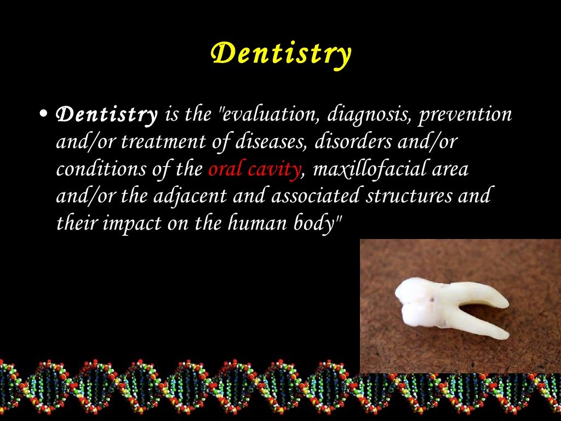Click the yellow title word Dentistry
[280, 54]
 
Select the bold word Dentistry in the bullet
[107, 115]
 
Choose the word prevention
[467, 116]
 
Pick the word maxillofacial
[373, 168]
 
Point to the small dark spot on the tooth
[433, 300]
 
